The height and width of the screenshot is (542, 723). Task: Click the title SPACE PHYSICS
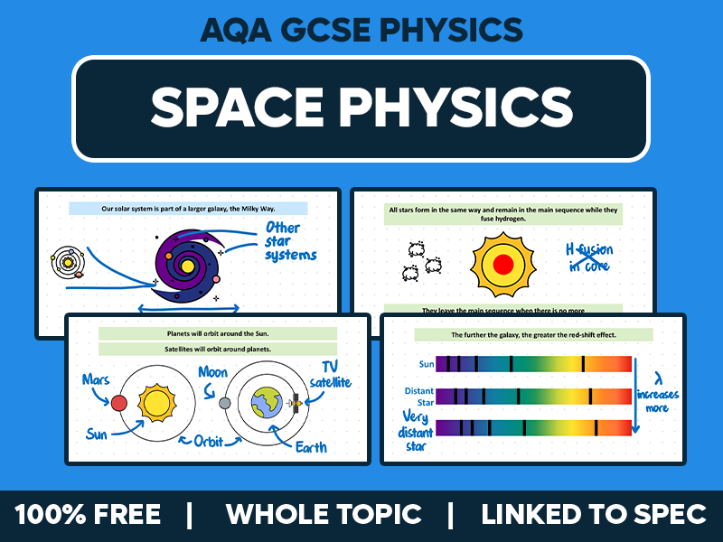click(x=361, y=107)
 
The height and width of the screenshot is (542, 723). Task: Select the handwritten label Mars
click(x=97, y=379)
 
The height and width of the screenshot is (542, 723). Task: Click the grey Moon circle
click(x=225, y=402)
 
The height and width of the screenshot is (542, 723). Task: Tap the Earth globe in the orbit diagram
click(x=268, y=403)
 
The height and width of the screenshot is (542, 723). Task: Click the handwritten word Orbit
click(x=214, y=442)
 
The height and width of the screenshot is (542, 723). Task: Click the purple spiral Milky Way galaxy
click(x=186, y=264)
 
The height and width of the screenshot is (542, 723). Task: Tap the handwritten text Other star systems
click(x=290, y=241)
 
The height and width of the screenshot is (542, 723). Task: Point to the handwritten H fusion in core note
click(x=588, y=257)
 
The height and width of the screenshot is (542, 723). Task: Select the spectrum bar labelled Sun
click(x=533, y=364)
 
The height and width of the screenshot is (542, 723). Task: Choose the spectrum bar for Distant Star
click(x=533, y=396)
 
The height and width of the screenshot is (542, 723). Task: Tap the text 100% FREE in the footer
click(x=88, y=515)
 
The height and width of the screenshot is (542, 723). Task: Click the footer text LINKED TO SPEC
click(x=594, y=515)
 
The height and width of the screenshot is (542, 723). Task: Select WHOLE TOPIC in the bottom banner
click(x=324, y=515)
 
